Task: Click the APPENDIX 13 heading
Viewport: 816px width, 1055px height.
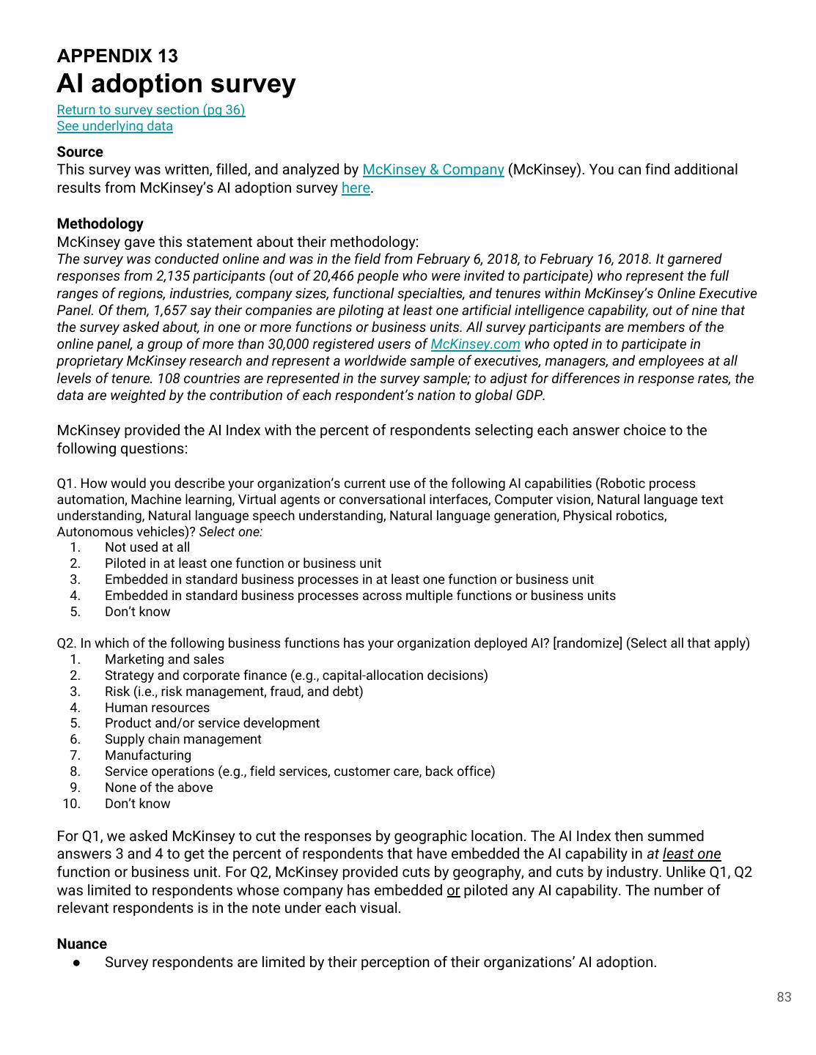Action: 117,56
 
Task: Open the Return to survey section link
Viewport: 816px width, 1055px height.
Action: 151,110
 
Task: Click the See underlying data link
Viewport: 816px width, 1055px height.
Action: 115,126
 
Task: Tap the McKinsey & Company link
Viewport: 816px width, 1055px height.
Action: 433,170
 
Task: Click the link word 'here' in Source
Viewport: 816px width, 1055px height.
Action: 356,188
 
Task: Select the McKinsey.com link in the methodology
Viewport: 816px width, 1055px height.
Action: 475,344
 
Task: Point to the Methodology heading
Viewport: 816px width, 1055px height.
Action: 100,224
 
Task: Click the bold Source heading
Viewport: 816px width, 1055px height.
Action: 80,152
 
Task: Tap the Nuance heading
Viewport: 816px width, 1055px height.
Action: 81,944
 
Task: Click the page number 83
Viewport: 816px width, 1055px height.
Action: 784,997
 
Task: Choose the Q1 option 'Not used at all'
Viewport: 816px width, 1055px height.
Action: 147,547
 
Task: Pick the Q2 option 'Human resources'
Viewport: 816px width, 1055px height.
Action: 157,708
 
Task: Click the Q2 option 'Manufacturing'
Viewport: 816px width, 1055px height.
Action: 148,755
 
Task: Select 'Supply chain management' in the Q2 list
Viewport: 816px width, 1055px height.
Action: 183,739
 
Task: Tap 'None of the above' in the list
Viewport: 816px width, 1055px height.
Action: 158,788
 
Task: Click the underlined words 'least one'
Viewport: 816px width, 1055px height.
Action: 691,854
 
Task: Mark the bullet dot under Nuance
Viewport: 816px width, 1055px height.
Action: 76,963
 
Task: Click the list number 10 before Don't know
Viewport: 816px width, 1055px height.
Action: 71,804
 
